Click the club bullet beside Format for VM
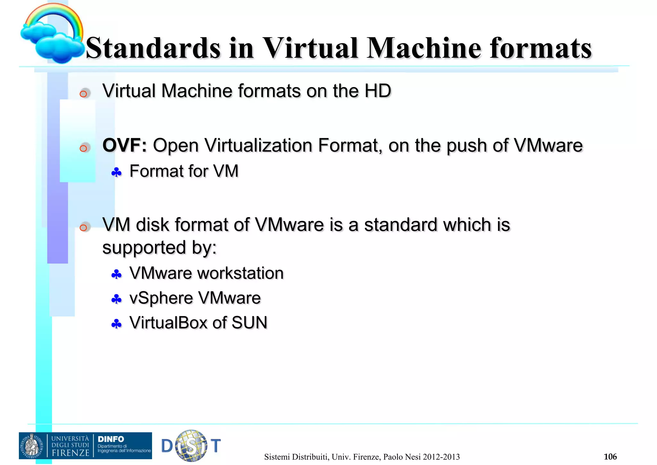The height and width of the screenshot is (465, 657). pos(116,173)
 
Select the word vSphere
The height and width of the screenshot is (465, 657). pos(161,298)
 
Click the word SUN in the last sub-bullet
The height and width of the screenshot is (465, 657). pos(249,323)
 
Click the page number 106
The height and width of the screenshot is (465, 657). pos(610,457)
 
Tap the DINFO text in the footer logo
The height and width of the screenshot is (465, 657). pos(111,439)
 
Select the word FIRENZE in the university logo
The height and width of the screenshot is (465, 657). pos(70,453)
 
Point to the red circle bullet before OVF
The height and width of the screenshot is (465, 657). pos(83,148)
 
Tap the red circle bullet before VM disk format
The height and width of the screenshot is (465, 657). pos(83,228)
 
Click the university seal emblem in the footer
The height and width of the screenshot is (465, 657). pos(32,446)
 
